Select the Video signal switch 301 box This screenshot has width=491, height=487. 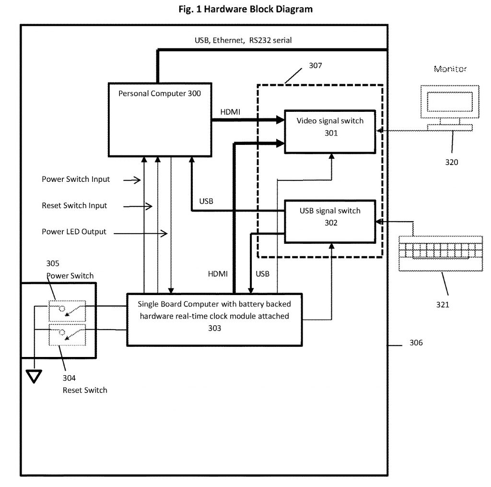coord(330,131)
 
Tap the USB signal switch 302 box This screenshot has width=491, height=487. coord(330,221)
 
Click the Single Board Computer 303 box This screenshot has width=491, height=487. coord(214,319)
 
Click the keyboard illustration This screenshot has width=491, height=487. coord(441,253)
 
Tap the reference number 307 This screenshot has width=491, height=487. coord(315,66)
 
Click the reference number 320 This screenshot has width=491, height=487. coord(451,162)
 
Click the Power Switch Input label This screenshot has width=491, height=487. coord(76,179)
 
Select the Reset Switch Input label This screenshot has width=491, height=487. coord(74,205)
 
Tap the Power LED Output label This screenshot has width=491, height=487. coord(74,232)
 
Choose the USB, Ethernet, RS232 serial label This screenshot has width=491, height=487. coord(243,41)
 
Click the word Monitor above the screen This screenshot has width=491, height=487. coord(450,69)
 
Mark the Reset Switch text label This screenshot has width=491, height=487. coord(85,390)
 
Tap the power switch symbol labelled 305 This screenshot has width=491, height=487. coord(67,310)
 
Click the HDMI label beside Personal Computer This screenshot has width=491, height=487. coord(230,111)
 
